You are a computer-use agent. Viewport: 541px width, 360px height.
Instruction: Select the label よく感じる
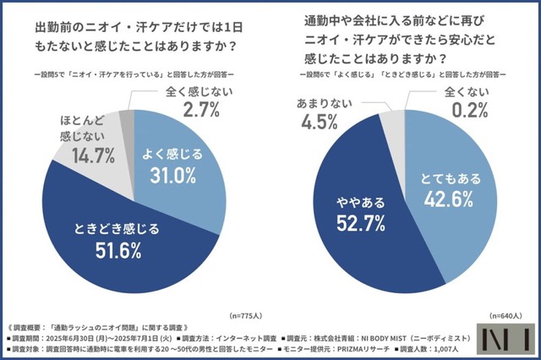click(x=172, y=153)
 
